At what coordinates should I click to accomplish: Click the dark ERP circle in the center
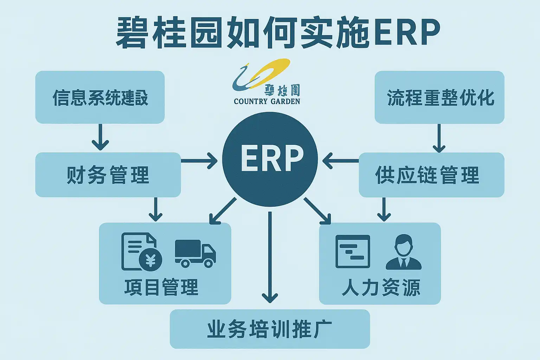pos(270,159)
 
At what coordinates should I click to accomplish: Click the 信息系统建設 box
pos(100,97)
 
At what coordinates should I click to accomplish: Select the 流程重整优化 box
pos(439,97)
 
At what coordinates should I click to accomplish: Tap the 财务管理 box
pos(108,175)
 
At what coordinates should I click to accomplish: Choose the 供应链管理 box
pos(431,175)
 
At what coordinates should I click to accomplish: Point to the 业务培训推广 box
pos(270,329)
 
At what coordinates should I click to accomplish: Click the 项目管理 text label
pos(161,287)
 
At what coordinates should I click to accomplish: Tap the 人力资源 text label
pos(381,287)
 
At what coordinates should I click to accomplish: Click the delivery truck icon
pos(195,253)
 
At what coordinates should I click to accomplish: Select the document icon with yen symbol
pos(141,252)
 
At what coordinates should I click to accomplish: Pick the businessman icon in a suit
pos(403,252)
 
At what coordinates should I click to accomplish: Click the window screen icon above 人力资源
pos(353,251)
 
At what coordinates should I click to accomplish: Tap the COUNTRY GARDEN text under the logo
pos(267,102)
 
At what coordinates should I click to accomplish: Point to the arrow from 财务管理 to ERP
pos(199,161)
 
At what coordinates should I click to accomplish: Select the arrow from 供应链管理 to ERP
pos(340,161)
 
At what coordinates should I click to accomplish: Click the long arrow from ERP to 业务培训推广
pos(270,257)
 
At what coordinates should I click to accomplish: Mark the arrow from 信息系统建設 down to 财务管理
pos(100,137)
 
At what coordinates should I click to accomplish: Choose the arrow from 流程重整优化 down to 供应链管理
pos(439,138)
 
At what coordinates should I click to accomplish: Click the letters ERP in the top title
pos(407,32)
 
